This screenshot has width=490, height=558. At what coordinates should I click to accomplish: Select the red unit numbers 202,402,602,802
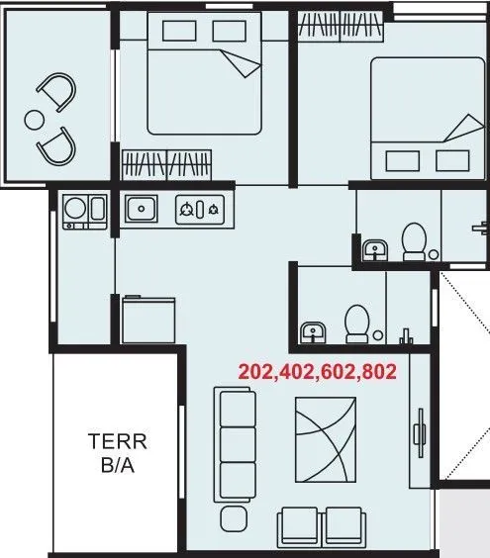click(317, 372)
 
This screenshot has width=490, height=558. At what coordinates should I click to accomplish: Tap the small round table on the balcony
click(34, 120)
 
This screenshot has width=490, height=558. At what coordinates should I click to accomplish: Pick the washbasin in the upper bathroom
click(374, 250)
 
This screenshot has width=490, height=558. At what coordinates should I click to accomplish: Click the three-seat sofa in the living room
click(236, 444)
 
